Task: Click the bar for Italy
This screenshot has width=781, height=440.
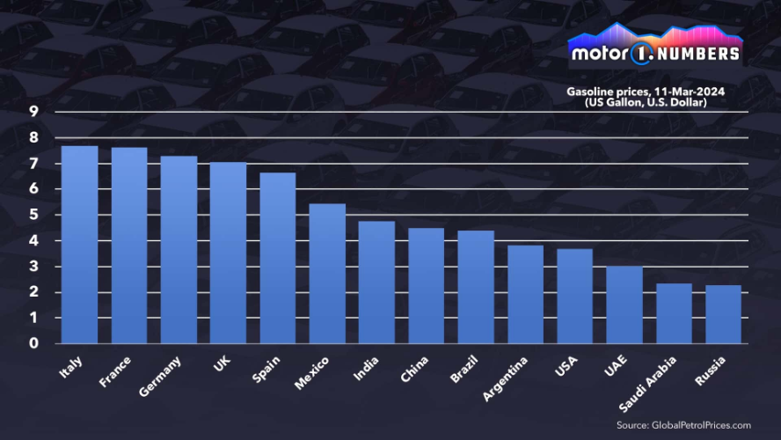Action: [x=79, y=245]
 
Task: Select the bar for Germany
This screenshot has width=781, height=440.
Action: [x=179, y=250]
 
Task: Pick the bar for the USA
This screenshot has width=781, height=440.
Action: [x=575, y=296]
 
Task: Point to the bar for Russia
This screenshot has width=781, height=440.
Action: [x=724, y=314]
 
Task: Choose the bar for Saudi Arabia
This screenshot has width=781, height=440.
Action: [x=675, y=313]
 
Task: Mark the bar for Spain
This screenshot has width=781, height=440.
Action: [x=278, y=258]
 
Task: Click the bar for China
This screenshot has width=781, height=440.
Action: [x=427, y=286]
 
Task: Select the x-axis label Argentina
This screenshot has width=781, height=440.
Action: [x=507, y=378]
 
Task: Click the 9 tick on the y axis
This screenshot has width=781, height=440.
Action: [x=33, y=111]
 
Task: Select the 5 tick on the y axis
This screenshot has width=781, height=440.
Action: [x=33, y=215]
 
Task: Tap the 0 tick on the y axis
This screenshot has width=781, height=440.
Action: [x=33, y=343]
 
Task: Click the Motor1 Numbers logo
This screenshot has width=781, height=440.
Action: [x=655, y=46]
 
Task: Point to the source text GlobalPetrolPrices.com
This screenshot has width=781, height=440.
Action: [x=683, y=424]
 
